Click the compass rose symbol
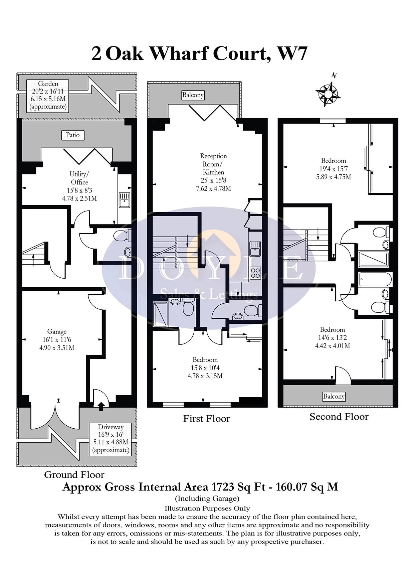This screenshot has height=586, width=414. tap(328, 93)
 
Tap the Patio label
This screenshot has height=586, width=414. tap(73, 135)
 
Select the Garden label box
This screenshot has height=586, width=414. tap(48, 96)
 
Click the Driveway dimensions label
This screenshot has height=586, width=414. tap(111, 439)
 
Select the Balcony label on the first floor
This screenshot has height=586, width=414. tap(193, 95)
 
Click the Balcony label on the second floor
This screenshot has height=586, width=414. tap(334, 397)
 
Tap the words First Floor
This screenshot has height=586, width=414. tap(206, 419)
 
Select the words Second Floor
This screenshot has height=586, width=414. tap(339, 417)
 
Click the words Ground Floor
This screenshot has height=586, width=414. tap(74, 475)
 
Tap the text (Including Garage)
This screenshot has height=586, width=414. tap(207, 499)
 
